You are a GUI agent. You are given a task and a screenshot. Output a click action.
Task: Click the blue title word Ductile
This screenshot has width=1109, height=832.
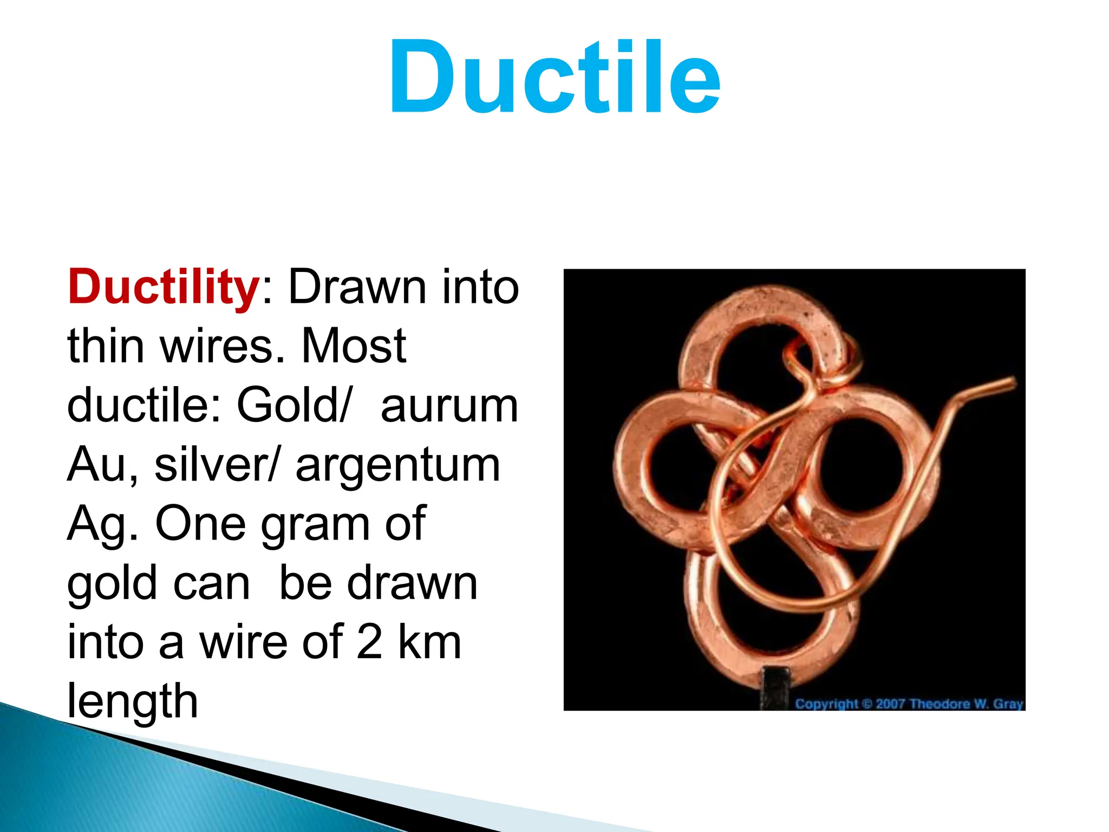click(x=554, y=77)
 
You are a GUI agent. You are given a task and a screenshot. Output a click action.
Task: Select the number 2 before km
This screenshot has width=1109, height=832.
click(x=370, y=641)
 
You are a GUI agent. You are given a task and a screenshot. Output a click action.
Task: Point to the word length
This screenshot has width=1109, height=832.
click(x=132, y=701)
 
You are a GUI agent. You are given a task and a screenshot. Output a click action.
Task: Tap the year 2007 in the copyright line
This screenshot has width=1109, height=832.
click(x=891, y=704)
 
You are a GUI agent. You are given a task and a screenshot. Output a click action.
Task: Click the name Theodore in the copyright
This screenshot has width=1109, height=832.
click(x=940, y=704)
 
